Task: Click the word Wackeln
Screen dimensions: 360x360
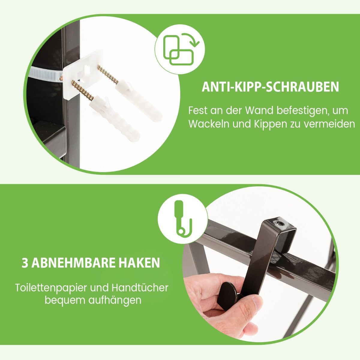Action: [209, 124]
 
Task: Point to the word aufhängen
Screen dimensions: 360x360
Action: [115, 301]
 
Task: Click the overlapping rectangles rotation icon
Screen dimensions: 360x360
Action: [180, 49]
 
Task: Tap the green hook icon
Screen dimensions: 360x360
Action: [183, 218]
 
